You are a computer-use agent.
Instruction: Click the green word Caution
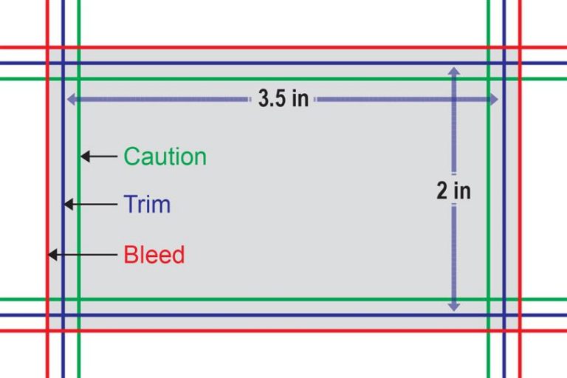165,157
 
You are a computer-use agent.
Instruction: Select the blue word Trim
147,204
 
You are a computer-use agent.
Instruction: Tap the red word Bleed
154,255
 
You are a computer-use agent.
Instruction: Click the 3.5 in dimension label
283,98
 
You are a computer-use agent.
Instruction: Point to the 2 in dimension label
454,190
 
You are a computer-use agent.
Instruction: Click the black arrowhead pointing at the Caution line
85,157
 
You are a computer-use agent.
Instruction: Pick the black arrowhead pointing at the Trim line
69,204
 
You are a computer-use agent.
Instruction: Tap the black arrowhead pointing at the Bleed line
53,255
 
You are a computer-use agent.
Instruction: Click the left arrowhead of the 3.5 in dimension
72,99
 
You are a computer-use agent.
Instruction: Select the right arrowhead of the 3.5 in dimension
494,99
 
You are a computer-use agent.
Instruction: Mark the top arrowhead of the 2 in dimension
454,71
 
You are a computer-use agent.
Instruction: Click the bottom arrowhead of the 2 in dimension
454,306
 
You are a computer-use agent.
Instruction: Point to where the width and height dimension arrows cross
454,99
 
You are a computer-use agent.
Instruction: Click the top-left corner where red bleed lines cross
47,47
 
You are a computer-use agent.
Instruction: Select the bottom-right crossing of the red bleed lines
520,331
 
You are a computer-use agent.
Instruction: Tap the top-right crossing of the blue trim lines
504,63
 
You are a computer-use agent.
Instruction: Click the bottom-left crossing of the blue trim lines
63,315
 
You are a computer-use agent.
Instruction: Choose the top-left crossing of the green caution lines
79,78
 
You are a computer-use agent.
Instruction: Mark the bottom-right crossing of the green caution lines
489,300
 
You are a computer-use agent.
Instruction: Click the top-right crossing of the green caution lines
489,78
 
